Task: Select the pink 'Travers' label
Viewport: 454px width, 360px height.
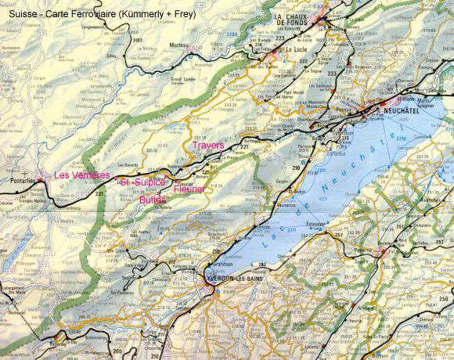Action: tap(207, 146)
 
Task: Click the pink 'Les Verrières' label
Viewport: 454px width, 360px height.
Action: tap(81, 175)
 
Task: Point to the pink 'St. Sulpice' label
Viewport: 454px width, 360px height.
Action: tap(142, 182)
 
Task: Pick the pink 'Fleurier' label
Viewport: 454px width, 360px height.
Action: tap(189, 189)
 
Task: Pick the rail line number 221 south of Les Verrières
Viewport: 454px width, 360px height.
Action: tap(99, 193)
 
